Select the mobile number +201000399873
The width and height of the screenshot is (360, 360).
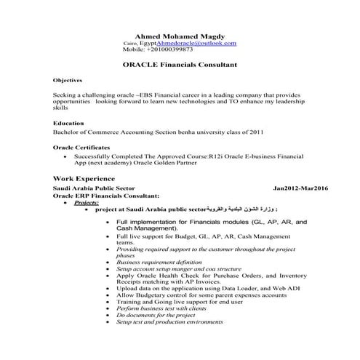click(x=169, y=50)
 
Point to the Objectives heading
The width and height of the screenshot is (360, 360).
click(x=68, y=80)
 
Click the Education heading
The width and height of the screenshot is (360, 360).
click(x=69, y=124)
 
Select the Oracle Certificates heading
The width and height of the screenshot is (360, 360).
click(x=81, y=147)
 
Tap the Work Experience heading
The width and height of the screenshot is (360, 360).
click(x=84, y=178)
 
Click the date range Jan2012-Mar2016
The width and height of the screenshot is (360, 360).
click(x=300, y=188)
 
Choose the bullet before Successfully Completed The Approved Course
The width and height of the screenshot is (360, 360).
click(x=67, y=156)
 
